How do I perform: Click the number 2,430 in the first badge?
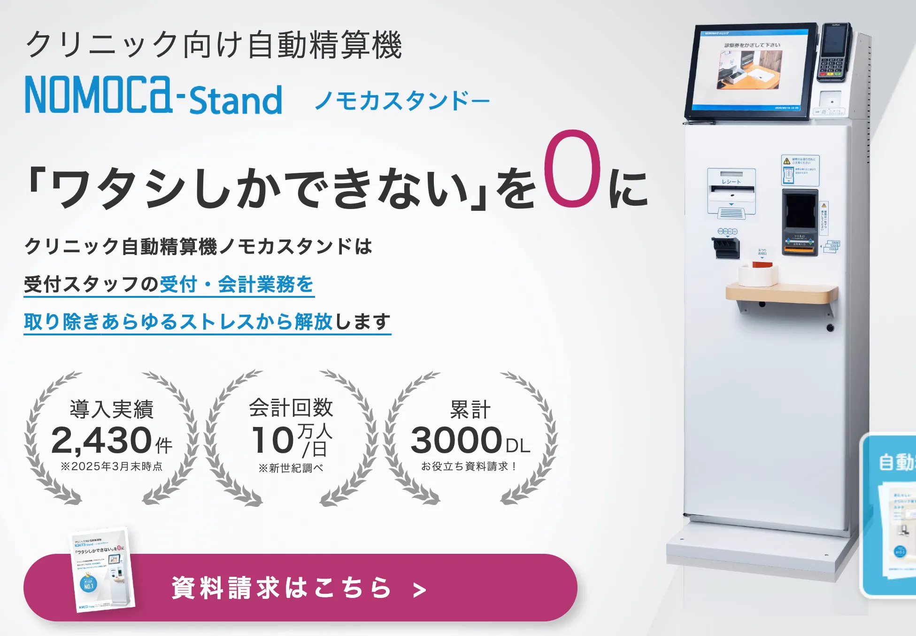click(101, 440)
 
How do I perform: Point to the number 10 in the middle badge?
click(273, 440)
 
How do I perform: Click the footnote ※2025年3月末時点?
click(111, 466)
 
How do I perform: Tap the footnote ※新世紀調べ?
click(291, 468)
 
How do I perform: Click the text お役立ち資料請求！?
click(469, 466)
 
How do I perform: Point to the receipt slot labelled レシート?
click(731, 190)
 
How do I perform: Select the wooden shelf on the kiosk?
click(782, 294)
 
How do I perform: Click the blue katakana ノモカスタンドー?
click(401, 100)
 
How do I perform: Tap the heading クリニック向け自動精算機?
click(214, 45)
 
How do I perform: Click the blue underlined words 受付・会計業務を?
click(237, 285)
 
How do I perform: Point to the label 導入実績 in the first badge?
click(111, 409)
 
